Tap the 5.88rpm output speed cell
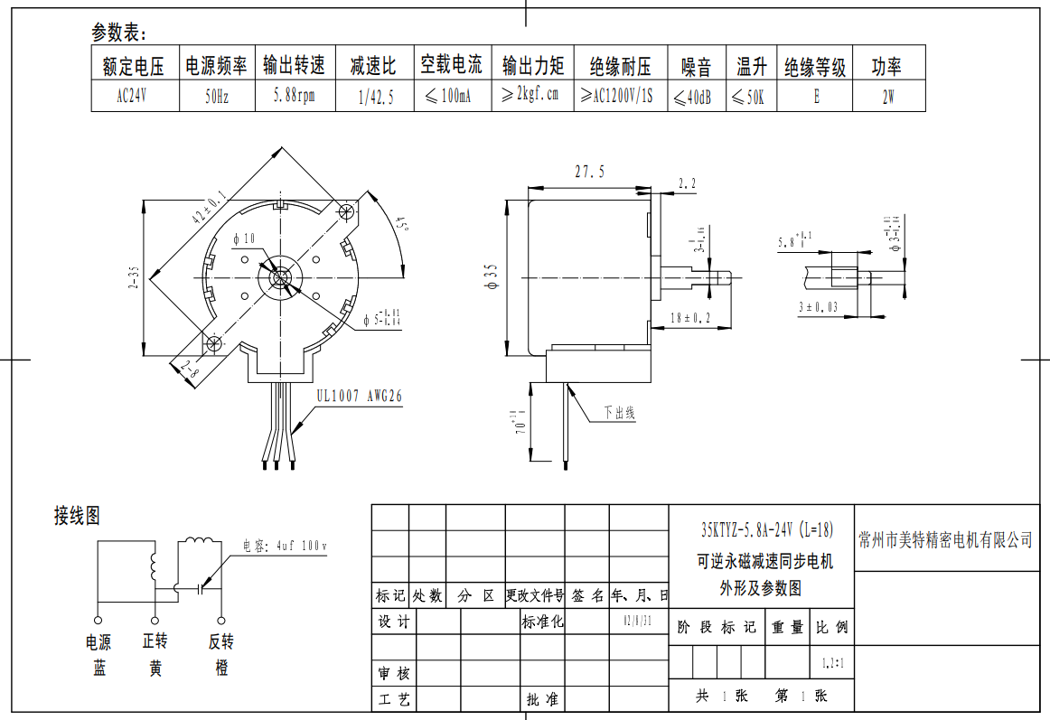point(295,97)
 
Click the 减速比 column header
point(374,66)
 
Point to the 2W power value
point(888,97)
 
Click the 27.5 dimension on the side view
point(589,172)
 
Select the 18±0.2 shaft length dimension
point(690,318)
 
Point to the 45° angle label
point(401,223)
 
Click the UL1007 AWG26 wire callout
point(360,396)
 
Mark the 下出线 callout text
point(619,413)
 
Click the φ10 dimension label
point(244,239)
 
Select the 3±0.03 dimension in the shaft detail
point(818,307)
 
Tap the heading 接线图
point(77,516)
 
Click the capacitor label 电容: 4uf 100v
point(285,546)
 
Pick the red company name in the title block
point(945,540)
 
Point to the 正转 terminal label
point(155,641)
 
